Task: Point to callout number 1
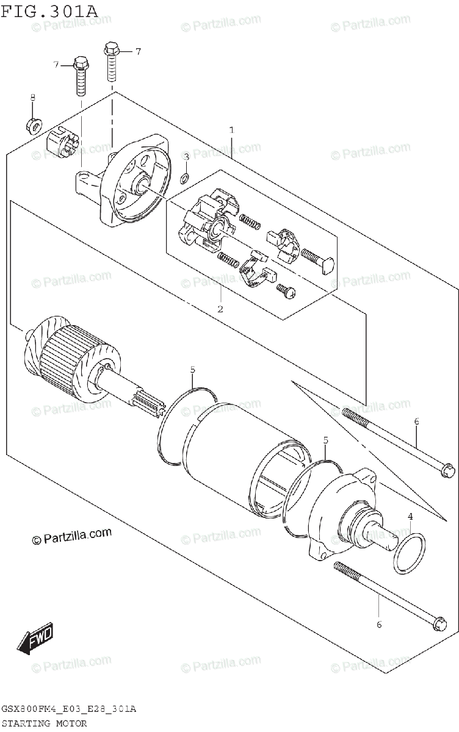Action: pos(232,129)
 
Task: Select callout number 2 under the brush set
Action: pos(220,309)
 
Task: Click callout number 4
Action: pos(411,517)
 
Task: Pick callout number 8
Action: pos(33,98)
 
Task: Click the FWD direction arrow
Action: pos(37,637)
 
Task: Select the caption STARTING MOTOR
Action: pos(45,723)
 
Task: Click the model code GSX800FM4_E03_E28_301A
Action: pos(68,709)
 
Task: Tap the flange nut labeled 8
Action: pos(34,126)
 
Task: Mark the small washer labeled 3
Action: pos(186,179)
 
